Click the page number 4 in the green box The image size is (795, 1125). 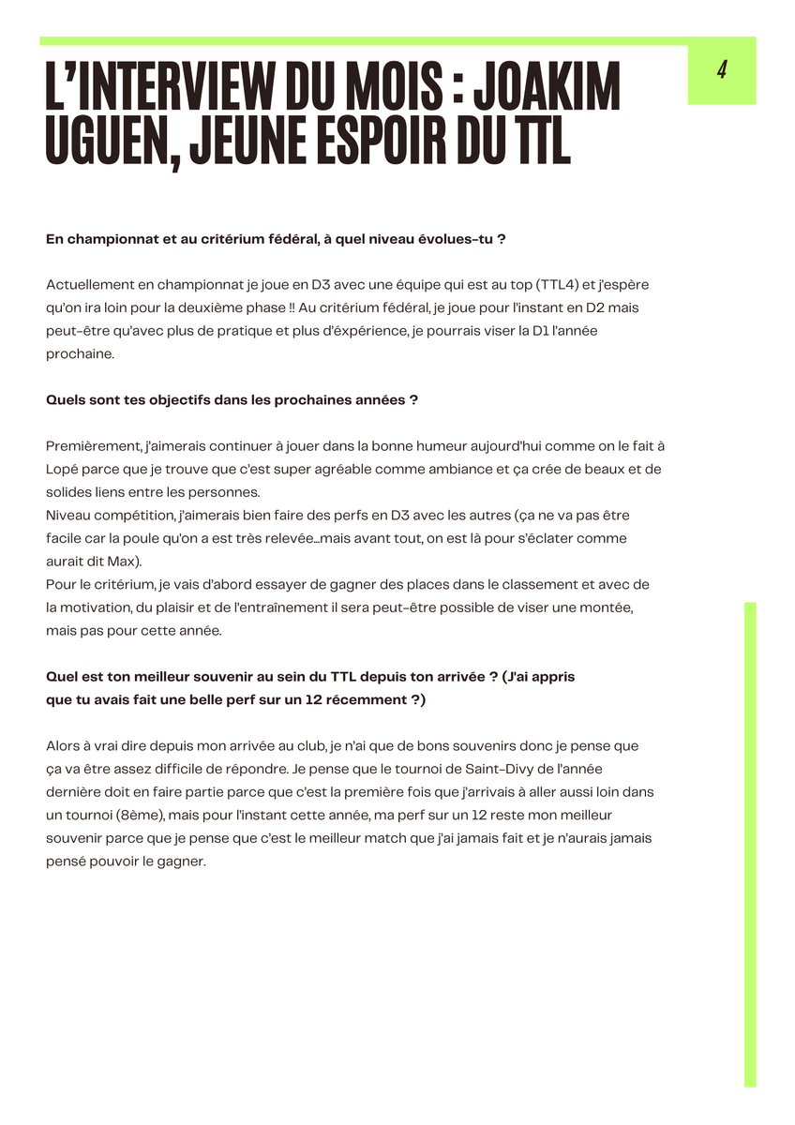point(722,70)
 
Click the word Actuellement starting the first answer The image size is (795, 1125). point(88,284)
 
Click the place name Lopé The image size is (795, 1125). point(62,470)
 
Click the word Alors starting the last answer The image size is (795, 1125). point(63,746)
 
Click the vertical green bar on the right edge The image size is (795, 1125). point(750,844)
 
